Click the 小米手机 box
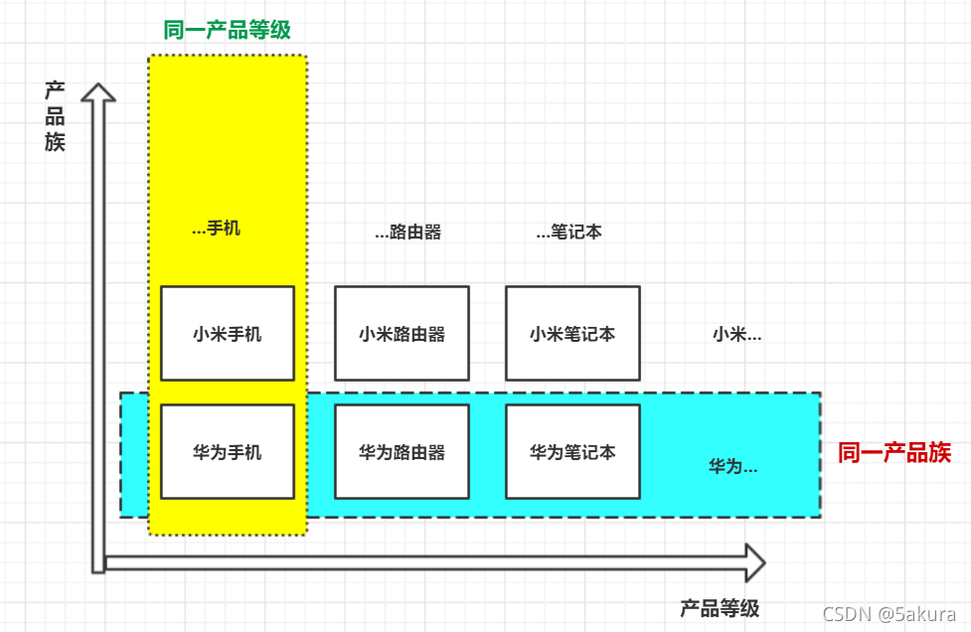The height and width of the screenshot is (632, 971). click(228, 334)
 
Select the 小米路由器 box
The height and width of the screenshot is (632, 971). click(402, 334)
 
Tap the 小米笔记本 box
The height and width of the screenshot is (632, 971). click(572, 334)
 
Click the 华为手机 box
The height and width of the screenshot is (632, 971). click(228, 452)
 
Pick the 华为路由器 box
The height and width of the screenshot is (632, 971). click(402, 452)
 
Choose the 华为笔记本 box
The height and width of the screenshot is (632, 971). click(572, 452)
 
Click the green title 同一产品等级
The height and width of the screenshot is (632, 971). click(228, 30)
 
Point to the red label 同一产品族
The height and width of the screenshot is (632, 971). click(894, 453)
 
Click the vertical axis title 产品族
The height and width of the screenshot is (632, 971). click(55, 116)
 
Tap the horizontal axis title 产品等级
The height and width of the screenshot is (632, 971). click(720, 608)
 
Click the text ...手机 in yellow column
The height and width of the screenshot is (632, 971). click(216, 229)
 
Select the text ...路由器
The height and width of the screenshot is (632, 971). click(407, 233)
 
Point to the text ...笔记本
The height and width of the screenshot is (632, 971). click(568, 233)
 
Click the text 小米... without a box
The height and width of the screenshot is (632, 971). click(736, 335)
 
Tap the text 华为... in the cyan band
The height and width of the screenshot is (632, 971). click(732, 465)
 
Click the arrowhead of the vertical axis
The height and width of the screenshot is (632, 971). click(97, 92)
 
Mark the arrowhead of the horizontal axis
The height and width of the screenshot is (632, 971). click(754, 562)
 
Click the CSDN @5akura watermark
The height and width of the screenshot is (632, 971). click(889, 614)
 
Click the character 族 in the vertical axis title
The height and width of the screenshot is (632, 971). click(55, 141)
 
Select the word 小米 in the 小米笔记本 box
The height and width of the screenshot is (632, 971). click(547, 334)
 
